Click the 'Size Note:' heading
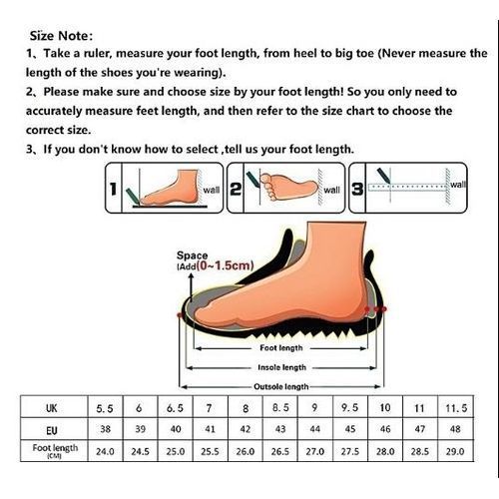pyautogui.click(x=61, y=36)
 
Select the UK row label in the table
pyautogui.click(x=52, y=408)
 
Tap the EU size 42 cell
pyautogui.click(x=246, y=429)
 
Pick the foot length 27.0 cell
pyautogui.click(x=314, y=451)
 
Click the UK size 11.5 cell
pyautogui.click(x=456, y=408)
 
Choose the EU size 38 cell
pyautogui.click(x=105, y=429)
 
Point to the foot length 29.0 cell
pyautogui.click(x=455, y=451)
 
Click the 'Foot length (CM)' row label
pyautogui.click(x=55, y=450)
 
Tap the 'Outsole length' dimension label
pyautogui.click(x=281, y=387)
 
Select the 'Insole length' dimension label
pyautogui.click(x=281, y=367)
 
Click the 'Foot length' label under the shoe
pyautogui.click(x=281, y=348)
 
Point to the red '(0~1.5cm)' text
pyautogui.click(x=225, y=265)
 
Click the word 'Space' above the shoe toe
pyautogui.click(x=192, y=255)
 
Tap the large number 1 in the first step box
pyautogui.click(x=114, y=189)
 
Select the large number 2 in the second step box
pyautogui.click(x=236, y=189)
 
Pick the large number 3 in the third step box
pyautogui.click(x=357, y=189)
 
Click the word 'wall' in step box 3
pyautogui.click(x=458, y=185)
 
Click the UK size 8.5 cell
pyautogui.click(x=280, y=408)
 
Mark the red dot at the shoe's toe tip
pyautogui.click(x=180, y=314)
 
